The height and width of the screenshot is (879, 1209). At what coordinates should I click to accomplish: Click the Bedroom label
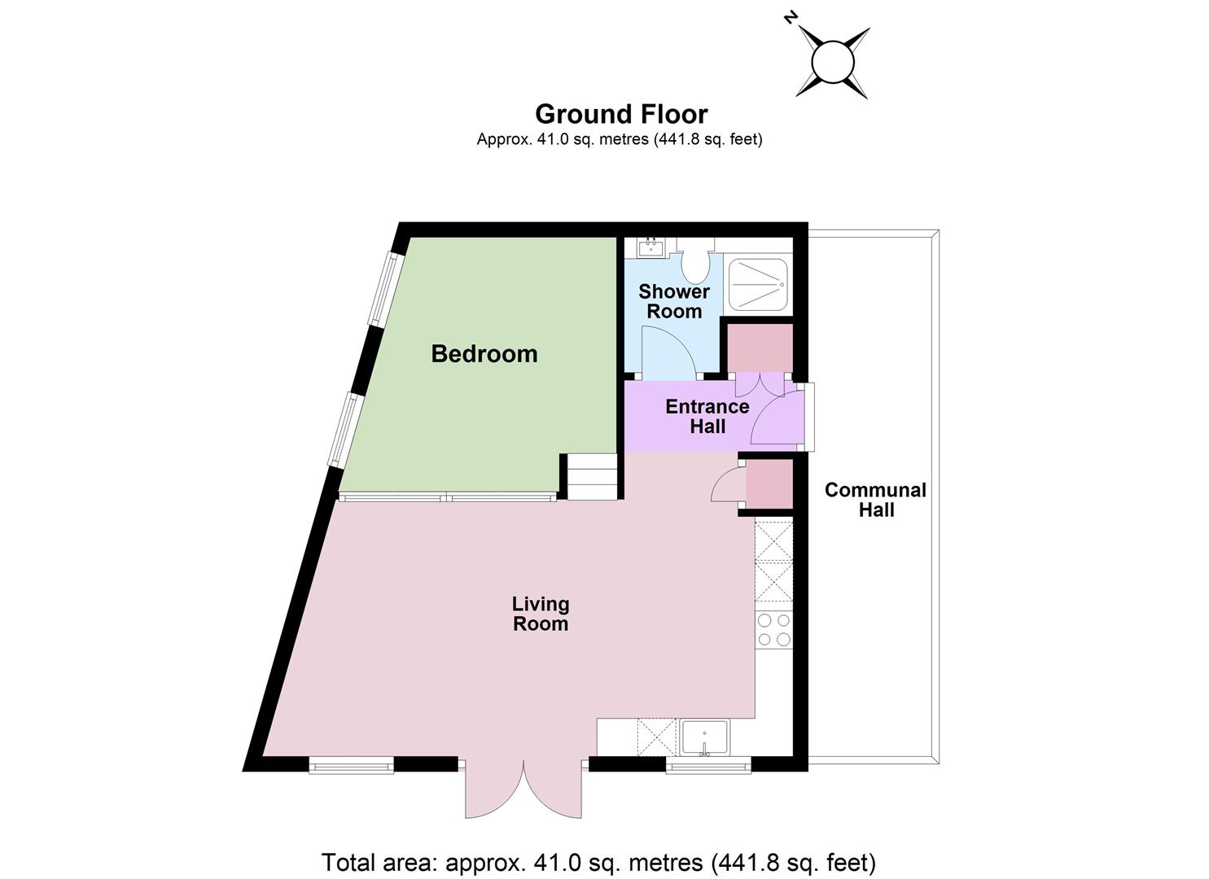(484, 354)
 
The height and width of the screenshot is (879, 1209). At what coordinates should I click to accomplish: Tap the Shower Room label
(674, 301)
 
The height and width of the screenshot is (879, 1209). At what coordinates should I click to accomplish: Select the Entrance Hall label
(707, 416)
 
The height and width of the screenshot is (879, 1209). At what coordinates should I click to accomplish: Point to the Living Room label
(541, 614)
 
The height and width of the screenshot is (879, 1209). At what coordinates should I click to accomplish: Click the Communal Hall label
(875, 500)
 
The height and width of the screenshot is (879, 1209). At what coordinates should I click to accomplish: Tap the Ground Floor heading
(621, 115)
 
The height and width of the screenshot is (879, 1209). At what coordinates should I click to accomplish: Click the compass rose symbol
(833, 62)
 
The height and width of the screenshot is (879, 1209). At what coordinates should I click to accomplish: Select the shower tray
(758, 284)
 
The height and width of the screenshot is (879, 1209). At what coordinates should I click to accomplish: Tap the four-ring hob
(774, 630)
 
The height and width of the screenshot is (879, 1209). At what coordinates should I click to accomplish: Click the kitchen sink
(704, 738)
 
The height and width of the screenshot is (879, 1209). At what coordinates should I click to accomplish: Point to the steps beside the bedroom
(591, 476)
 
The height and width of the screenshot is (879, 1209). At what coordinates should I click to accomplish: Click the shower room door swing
(668, 351)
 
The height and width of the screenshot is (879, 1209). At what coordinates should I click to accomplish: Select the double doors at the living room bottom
(523, 789)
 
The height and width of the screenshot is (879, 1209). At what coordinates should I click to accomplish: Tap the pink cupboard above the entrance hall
(760, 348)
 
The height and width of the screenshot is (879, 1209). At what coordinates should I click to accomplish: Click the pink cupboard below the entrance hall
(769, 483)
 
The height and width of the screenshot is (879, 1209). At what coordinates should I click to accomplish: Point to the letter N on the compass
(791, 19)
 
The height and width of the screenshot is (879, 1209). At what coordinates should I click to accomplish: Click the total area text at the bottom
(598, 862)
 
